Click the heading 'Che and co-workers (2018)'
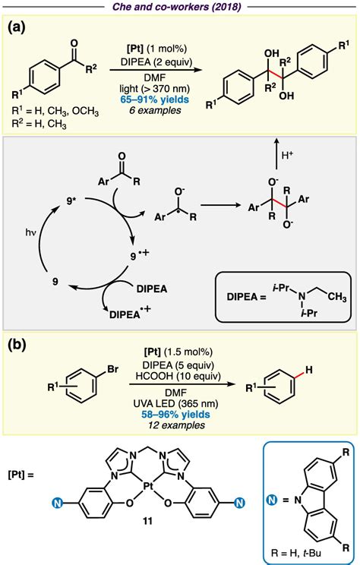pyautogui.click(x=180, y=7)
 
